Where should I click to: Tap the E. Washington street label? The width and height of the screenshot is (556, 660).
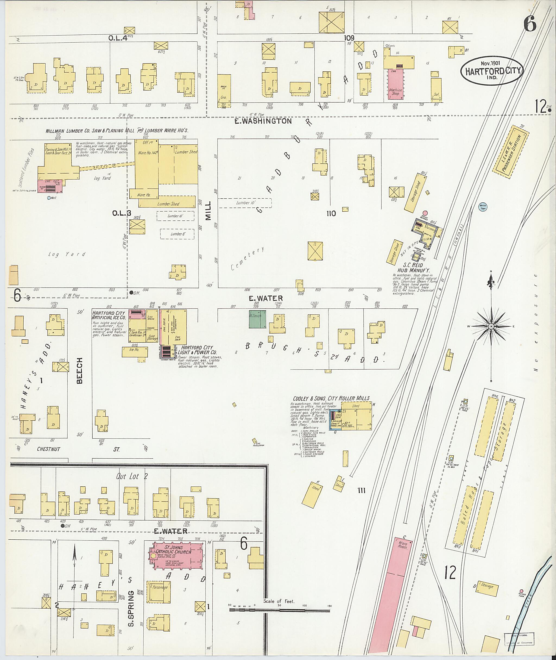point(263,121)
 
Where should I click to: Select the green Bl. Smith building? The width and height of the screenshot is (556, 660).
point(257,319)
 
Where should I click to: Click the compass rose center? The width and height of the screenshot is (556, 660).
point(491,326)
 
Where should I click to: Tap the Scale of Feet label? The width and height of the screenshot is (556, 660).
point(279,601)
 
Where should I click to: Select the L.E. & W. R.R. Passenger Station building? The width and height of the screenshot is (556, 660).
point(511,152)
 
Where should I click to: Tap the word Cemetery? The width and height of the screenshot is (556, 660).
point(247,259)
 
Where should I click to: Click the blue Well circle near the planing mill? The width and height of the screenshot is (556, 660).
point(49,198)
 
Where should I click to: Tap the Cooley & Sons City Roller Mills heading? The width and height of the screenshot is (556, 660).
point(331,398)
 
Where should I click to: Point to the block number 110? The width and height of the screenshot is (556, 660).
point(331,214)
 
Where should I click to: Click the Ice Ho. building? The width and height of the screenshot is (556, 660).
point(135,351)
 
